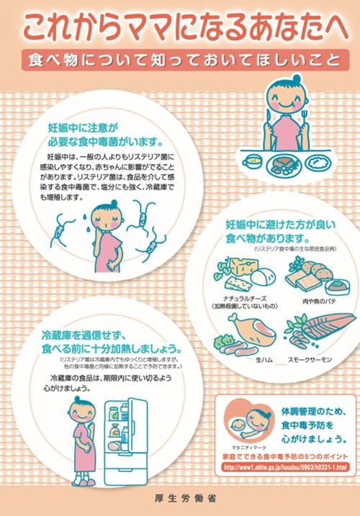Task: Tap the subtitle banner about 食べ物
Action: pyautogui.click(x=180, y=59)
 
